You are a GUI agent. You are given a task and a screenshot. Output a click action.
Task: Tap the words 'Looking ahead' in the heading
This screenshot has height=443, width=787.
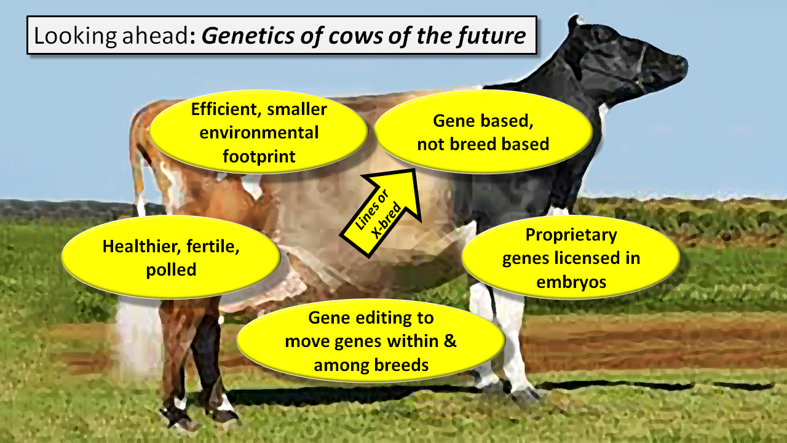pyautogui.click(x=112, y=36)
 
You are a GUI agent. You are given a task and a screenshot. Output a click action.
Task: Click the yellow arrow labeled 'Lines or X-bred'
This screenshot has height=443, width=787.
pyautogui.click(x=381, y=213)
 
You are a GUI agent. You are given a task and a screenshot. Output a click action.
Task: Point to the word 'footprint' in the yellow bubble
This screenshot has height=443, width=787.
pyautogui.click(x=259, y=156)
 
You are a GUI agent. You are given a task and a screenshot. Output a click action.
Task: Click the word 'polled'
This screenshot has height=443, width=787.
pyautogui.click(x=171, y=270)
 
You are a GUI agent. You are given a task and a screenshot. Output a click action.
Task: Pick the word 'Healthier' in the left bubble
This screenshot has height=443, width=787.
pyautogui.click(x=141, y=246)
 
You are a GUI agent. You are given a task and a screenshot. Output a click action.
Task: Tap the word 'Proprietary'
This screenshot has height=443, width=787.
pyautogui.click(x=571, y=235)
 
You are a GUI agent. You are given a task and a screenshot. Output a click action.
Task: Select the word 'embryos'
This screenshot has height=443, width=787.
pyautogui.click(x=571, y=282)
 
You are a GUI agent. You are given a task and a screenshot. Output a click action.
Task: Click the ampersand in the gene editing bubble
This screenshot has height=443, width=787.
pyautogui.click(x=449, y=341)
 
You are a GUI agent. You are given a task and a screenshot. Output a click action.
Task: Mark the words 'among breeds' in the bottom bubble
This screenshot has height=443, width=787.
pyautogui.click(x=371, y=365)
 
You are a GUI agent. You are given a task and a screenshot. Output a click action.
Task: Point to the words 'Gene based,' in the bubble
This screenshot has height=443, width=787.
pyautogui.click(x=483, y=121)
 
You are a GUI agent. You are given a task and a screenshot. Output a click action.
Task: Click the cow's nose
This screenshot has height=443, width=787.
pyautogui.click(x=680, y=65)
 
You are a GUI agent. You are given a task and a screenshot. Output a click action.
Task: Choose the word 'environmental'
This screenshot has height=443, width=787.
pyautogui.click(x=259, y=132)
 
